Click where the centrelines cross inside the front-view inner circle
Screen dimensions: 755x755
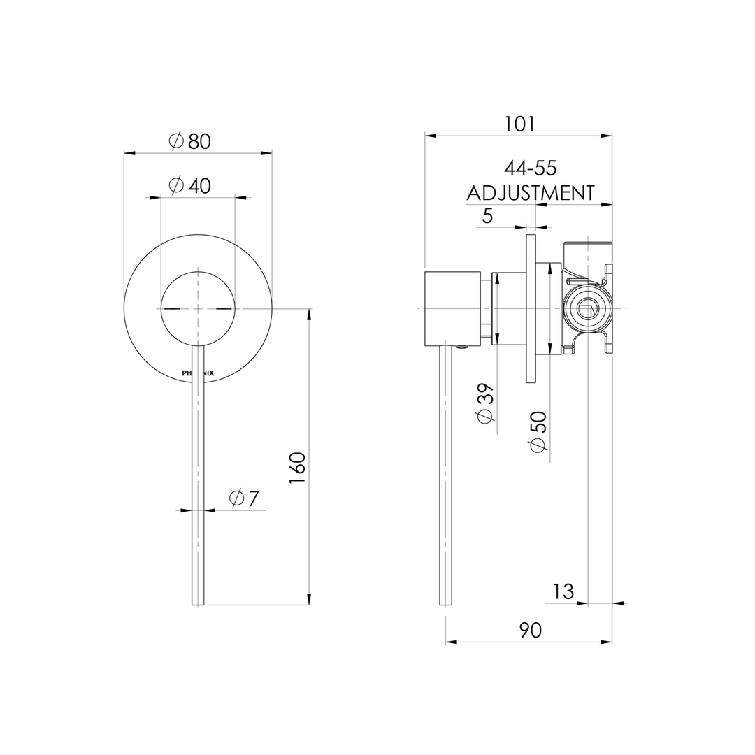(x=198, y=308)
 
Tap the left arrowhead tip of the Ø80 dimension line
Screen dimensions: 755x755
(x=124, y=154)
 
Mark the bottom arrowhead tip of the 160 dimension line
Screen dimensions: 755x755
(x=309, y=605)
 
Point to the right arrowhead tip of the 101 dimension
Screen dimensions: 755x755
(x=612, y=136)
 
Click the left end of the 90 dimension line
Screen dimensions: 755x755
(x=446, y=642)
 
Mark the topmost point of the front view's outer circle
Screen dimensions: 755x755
(x=198, y=234)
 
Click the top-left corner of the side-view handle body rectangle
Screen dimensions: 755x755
(x=425, y=271)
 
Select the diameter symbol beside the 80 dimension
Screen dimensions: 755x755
(x=177, y=141)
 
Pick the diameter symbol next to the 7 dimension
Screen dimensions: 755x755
(x=236, y=498)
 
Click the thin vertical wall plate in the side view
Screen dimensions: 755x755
(x=531, y=309)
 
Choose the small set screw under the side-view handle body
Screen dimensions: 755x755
(x=463, y=347)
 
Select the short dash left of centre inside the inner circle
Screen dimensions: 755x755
(x=171, y=308)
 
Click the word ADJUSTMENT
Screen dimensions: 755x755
(x=531, y=193)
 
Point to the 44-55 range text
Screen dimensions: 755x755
(x=530, y=168)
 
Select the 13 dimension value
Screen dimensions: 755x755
(x=563, y=591)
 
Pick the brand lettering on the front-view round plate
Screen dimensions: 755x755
(x=198, y=373)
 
